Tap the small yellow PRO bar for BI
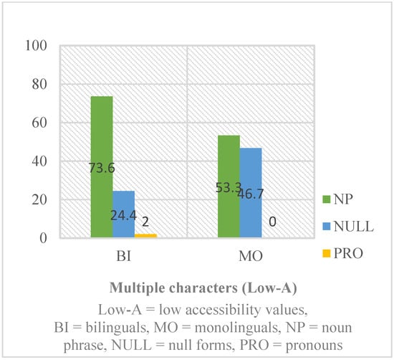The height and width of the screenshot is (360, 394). pyautogui.click(x=145, y=235)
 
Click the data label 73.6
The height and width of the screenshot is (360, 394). pyautogui.click(x=102, y=170)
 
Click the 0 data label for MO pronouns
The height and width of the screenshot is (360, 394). pyautogui.click(x=273, y=224)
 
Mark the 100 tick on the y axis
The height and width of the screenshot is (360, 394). pyautogui.click(x=35, y=46)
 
